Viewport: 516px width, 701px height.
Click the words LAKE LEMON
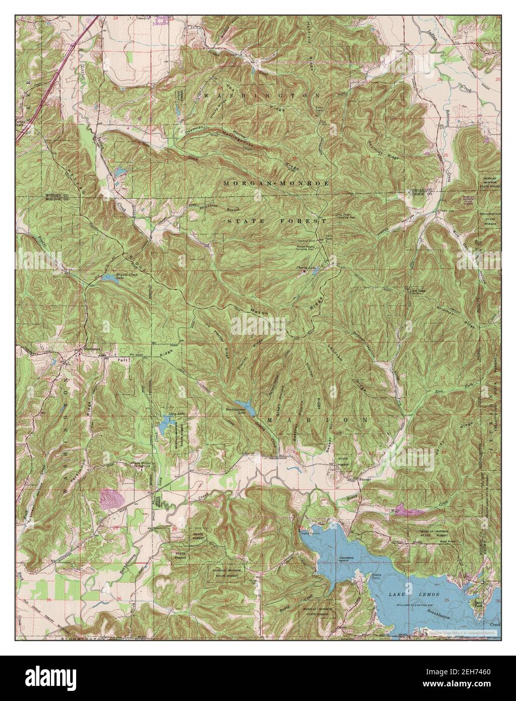point(401,595)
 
